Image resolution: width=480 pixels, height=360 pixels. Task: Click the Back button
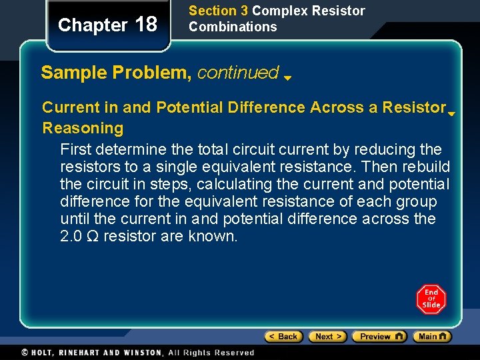tap(283, 337)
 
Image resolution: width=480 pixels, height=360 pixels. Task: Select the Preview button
tap(379, 337)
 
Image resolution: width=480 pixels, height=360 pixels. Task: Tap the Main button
tap(431, 337)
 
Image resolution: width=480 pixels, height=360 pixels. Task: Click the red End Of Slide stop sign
tap(431, 299)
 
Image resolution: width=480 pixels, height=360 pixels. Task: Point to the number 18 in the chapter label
tap(146, 25)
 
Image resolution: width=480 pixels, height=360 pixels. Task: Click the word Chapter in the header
tap(93, 25)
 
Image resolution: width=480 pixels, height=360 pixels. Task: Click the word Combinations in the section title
tap(233, 27)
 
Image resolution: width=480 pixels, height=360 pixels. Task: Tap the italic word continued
tap(238, 72)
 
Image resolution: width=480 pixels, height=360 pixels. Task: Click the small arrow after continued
tap(287, 77)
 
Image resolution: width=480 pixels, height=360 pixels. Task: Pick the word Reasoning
tap(83, 127)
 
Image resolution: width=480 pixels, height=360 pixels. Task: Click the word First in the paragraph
tap(77, 148)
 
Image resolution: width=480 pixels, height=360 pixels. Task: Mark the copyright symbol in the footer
tap(25, 353)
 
